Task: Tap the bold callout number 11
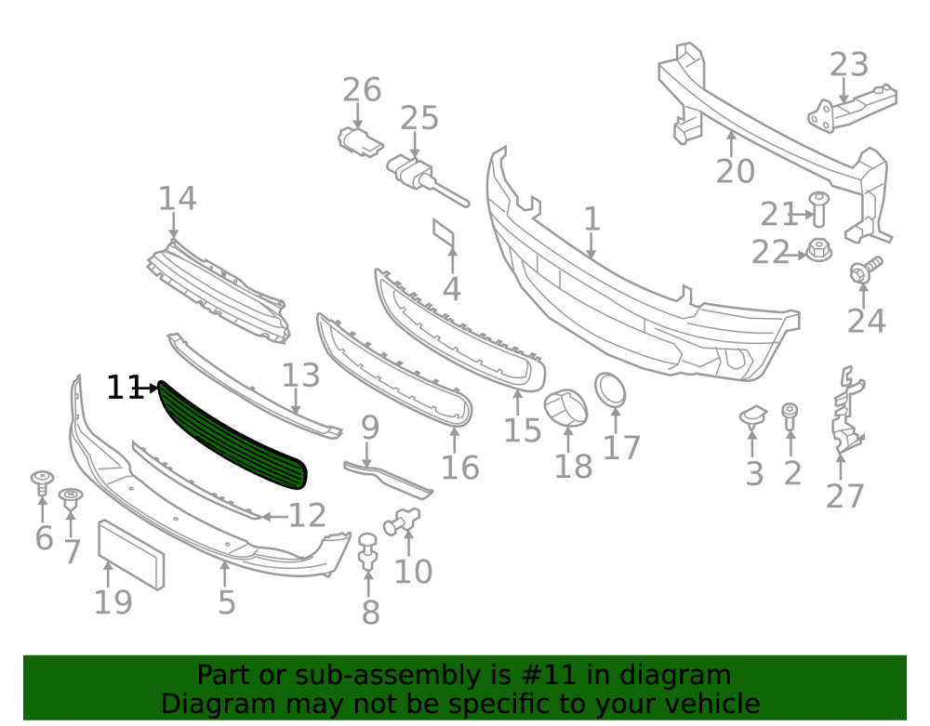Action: click(x=125, y=389)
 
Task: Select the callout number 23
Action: click(x=849, y=64)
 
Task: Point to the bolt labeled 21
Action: click(x=819, y=208)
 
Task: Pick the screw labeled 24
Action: click(x=865, y=271)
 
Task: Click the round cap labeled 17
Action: click(x=610, y=390)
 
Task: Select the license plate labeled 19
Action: click(x=131, y=555)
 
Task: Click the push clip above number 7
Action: click(x=71, y=499)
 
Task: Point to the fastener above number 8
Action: click(x=368, y=552)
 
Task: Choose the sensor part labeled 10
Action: click(x=402, y=521)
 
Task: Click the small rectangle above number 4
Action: click(x=445, y=233)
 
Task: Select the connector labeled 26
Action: click(x=359, y=142)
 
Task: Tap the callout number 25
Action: click(x=419, y=118)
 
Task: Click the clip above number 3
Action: click(x=753, y=416)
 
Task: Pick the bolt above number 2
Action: click(x=790, y=417)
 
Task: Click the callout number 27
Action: click(x=845, y=496)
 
